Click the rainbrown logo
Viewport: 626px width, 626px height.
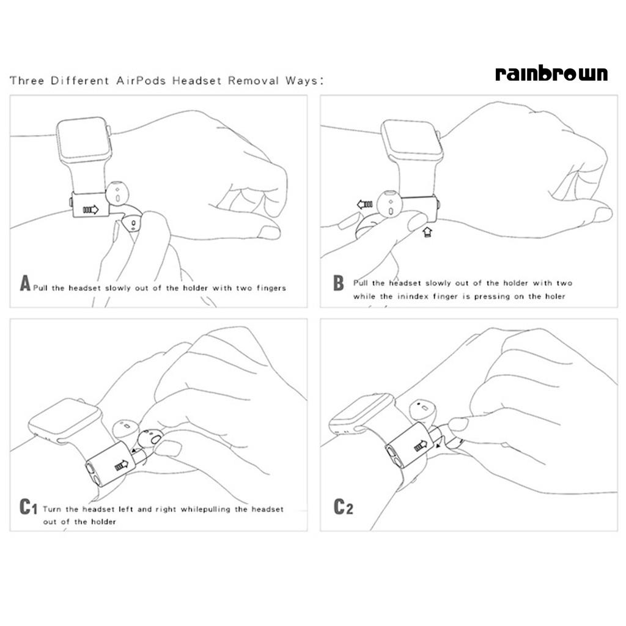click(551, 74)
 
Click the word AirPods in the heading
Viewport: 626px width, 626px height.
click(141, 81)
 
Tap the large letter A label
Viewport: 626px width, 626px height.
click(25, 283)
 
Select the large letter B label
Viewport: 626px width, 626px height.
click(339, 283)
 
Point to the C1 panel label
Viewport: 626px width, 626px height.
click(28, 507)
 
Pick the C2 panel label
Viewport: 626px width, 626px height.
click(344, 507)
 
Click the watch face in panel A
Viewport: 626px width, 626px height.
click(84, 140)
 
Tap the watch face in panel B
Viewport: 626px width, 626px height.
click(412, 141)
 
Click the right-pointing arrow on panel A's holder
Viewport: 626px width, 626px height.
click(90, 210)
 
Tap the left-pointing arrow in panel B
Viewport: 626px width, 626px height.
click(365, 204)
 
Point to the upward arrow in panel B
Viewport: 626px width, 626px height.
click(427, 232)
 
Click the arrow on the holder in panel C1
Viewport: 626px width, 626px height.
click(122, 465)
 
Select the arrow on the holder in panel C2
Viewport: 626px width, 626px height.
click(421, 445)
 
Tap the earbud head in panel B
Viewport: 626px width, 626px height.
click(389, 204)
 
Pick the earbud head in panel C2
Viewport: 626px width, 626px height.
click(422, 411)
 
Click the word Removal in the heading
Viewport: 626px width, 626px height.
click(254, 81)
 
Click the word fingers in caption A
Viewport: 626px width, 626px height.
click(271, 289)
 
